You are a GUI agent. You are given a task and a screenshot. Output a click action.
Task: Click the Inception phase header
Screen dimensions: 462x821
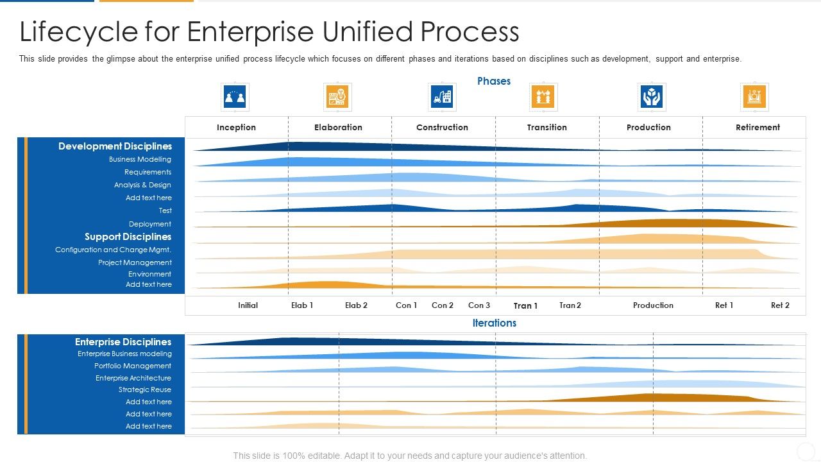[236, 127]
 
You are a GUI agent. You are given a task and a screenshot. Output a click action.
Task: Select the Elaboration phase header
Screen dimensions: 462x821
[338, 127]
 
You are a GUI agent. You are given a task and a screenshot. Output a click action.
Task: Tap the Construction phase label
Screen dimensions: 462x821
[442, 127]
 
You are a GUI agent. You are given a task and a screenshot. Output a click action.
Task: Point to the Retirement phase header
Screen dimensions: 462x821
[758, 127]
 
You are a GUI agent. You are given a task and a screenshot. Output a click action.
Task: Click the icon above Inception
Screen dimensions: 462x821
[235, 97]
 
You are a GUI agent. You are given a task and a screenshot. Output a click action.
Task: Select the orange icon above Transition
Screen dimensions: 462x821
[543, 97]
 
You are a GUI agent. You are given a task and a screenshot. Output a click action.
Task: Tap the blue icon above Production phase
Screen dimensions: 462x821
[652, 97]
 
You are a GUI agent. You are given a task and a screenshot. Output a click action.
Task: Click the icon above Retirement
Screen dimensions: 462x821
[754, 97]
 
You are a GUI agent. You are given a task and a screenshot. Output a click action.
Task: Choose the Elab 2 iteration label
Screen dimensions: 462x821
[356, 305]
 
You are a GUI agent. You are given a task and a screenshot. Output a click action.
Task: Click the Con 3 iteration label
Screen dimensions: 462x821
[479, 305]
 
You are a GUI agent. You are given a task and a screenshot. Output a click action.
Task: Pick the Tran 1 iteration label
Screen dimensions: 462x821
[525, 306]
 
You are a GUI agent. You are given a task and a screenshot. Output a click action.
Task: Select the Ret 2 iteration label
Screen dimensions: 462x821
[780, 305]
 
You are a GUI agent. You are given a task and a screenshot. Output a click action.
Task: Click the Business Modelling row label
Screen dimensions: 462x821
[140, 159]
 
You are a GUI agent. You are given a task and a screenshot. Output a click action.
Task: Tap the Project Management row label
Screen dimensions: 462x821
[135, 262]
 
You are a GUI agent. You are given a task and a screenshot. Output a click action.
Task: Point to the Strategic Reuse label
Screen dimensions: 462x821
[145, 389]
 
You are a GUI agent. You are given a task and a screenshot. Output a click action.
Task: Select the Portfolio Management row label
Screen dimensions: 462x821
[133, 366]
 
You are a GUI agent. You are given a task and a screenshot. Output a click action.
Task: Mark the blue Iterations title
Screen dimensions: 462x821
[494, 323]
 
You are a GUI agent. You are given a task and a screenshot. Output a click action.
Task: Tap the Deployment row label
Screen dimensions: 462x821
[150, 224]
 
